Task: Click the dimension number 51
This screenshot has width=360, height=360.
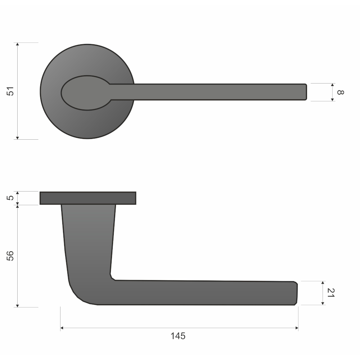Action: click(x=10, y=91)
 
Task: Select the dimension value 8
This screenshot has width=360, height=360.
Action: click(x=340, y=92)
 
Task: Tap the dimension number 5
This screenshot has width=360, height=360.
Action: click(x=10, y=198)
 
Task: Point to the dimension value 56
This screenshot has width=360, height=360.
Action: click(x=10, y=256)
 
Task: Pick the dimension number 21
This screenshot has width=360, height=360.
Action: click(x=330, y=293)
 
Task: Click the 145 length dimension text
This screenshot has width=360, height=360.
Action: click(x=178, y=336)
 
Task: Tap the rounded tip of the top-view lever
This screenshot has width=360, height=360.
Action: click(x=306, y=92)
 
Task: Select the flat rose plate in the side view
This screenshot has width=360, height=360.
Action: click(x=88, y=198)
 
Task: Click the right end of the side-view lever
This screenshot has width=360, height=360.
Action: click(x=297, y=293)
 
